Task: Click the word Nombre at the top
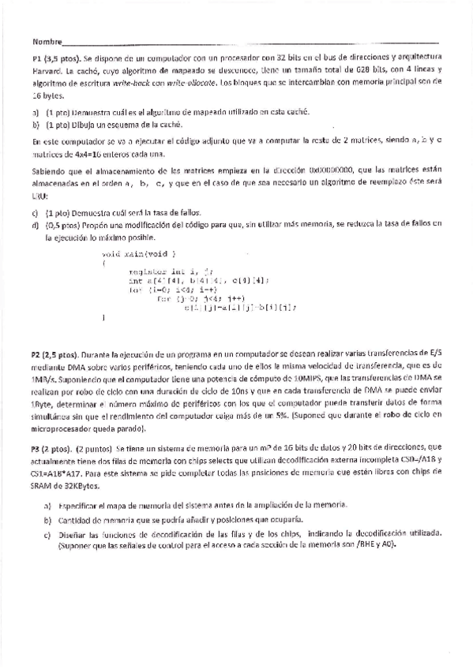point(47,41)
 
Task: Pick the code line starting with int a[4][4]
point(199,280)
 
